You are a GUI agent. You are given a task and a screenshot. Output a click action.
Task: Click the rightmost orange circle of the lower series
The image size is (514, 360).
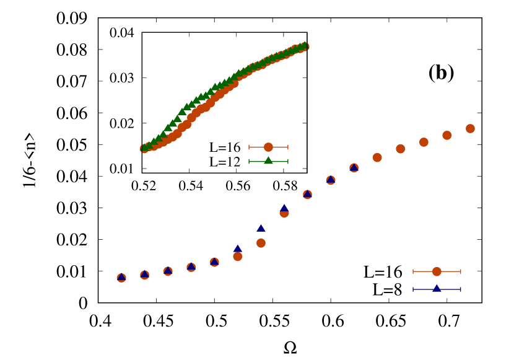(x=470, y=129)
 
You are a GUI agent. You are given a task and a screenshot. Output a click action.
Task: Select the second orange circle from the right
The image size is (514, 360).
(x=447, y=135)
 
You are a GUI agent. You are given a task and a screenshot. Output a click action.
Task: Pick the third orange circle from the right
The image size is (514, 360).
(x=424, y=142)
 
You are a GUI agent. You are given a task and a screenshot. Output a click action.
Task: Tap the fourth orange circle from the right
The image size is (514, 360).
(x=401, y=149)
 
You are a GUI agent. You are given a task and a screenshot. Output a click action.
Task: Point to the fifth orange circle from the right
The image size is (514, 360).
(x=377, y=157)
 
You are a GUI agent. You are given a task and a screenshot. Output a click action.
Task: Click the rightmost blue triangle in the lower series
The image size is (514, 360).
(x=354, y=167)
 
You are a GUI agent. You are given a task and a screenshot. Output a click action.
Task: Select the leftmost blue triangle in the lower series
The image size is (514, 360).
(x=121, y=277)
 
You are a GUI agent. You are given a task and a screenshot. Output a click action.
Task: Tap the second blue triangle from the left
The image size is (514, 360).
(x=144, y=274)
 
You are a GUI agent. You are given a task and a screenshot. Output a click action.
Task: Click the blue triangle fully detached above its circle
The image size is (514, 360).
(x=261, y=228)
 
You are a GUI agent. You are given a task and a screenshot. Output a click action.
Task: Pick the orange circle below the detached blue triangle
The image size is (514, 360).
(x=261, y=243)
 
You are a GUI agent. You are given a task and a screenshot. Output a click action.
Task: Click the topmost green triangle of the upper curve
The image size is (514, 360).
(x=303, y=45)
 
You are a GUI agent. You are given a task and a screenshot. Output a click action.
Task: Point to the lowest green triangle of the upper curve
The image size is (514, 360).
(x=145, y=147)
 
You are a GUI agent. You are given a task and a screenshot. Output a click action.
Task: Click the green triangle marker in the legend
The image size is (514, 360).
(x=268, y=160)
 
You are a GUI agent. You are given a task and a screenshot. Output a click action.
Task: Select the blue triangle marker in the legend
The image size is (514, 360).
(x=437, y=289)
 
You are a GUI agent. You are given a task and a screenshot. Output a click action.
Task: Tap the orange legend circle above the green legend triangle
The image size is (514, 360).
(x=268, y=147)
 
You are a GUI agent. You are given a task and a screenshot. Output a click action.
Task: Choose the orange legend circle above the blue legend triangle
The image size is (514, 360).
(x=437, y=271)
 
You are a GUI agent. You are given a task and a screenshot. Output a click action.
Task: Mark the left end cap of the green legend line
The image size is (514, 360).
(x=249, y=161)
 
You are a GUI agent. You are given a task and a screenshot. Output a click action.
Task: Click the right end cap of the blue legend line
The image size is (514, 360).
(x=461, y=289)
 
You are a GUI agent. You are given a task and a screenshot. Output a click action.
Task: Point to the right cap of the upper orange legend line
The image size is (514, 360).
(x=287, y=147)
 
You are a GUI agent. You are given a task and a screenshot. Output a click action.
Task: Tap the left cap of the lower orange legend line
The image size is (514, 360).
(x=413, y=271)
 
